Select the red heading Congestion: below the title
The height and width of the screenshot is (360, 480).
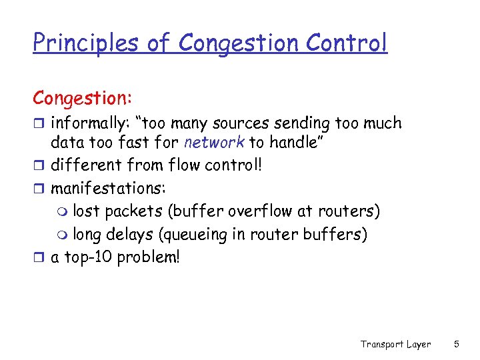[x=83, y=98]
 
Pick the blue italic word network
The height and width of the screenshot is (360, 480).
[x=214, y=143]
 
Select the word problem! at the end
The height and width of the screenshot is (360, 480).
[x=148, y=257]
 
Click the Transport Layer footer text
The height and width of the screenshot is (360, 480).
[x=395, y=344]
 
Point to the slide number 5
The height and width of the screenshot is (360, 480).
[x=456, y=344]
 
